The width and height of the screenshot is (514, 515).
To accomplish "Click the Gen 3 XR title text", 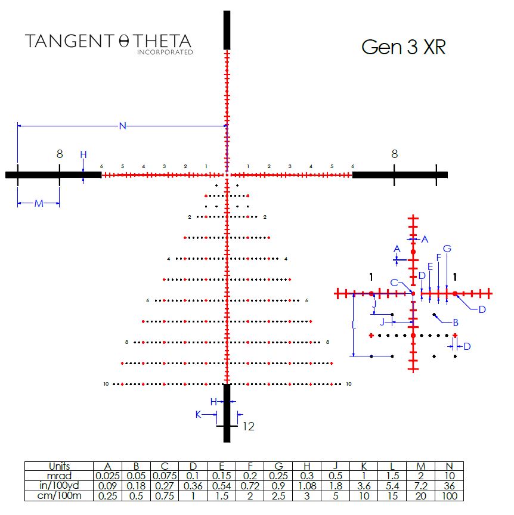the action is pyautogui.click(x=403, y=47).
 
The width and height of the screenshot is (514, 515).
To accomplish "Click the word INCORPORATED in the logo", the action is pyautogui.click(x=165, y=52).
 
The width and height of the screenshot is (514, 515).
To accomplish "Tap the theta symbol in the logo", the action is pyautogui.click(x=124, y=41).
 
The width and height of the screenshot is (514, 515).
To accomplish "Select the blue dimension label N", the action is pyautogui.click(x=123, y=126).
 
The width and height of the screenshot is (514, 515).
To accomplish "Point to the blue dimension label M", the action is pyautogui.click(x=39, y=204).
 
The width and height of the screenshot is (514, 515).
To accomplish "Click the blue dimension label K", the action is pyautogui.click(x=198, y=414).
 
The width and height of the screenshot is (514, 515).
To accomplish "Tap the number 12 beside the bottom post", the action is pyautogui.click(x=249, y=426).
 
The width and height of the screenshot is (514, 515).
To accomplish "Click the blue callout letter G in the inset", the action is pyautogui.click(x=447, y=249).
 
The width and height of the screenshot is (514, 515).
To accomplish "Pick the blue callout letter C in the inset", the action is pyautogui.click(x=394, y=283).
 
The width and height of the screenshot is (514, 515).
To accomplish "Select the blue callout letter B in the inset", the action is pyautogui.click(x=456, y=322).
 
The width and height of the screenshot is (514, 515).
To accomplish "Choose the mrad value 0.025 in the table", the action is pyautogui.click(x=107, y=476).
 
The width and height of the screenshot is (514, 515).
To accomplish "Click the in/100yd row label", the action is pyautogui.click(x=59, y=485).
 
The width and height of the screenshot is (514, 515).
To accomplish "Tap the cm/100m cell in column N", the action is pyautogui.click(x=449, y=496).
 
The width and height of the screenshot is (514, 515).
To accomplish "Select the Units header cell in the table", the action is pyautogui.click(x=59, y=466).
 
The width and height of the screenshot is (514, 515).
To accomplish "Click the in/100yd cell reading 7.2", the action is pyautogui.click(x=420, y=486).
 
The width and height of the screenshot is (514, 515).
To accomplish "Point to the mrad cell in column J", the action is pyautogui.click(x=335, y=476).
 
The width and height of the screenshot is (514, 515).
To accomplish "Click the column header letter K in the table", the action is pyautogui.click(x=364, y=466).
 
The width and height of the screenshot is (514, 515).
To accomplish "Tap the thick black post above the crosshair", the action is pyautogui.click(x=227, y=30).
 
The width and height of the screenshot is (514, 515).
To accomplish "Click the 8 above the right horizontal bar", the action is pyautogui.click(x=394, y=154).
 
